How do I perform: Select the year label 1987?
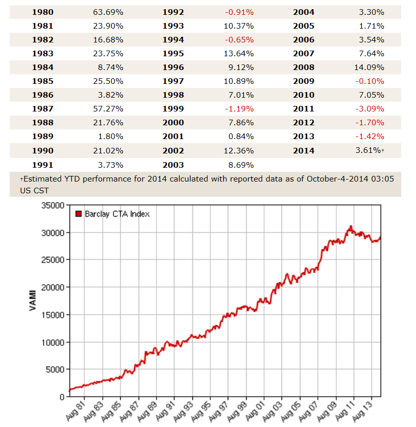[42, 108]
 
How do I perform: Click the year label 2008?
[304, 67]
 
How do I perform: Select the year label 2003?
[173, 165]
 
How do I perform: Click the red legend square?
[79, 214]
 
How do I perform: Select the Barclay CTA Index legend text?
[117, 214]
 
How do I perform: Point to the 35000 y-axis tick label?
[52, 205]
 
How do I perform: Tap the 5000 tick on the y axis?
[54, 369]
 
